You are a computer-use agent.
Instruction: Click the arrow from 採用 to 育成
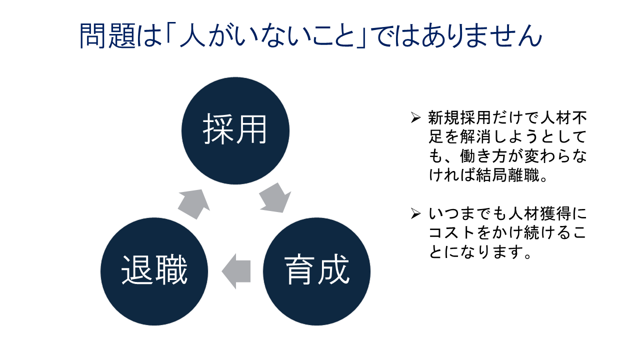pyautogui.click(x=275, y=198)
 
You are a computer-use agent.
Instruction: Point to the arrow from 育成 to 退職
pyautogui.click(x=235, y=271)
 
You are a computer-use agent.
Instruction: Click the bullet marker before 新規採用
pyautogui.click(x=415, y=118)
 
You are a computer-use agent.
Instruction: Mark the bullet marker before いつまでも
pyautogui.click(x=415, y=214)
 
